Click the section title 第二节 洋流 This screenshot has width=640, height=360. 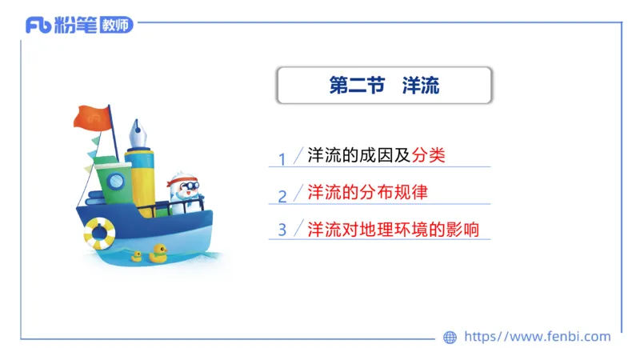(384, 86)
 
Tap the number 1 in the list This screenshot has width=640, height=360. (282, 159)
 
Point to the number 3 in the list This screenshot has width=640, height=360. (282, 230)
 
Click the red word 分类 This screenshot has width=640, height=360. (428, 155)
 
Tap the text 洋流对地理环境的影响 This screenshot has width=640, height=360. (393, 229)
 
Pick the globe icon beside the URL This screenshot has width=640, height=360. (450, 338)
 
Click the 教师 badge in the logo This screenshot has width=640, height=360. (117, 26)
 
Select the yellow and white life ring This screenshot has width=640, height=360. (100, 233)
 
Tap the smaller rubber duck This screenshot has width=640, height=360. (137, 256)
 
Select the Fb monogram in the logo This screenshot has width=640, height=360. (38, 26)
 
